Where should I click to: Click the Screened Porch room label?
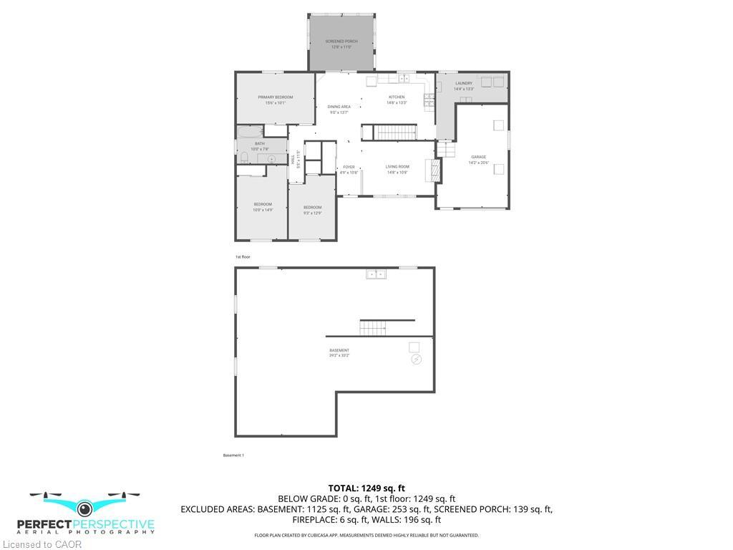click(341, 42)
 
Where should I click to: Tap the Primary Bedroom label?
click(276, 97)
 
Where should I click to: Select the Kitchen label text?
click(397, 97)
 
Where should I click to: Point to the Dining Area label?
click(339, 107)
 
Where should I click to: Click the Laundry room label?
click(464, 83)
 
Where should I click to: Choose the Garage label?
click(478, 157)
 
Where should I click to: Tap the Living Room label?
click(397, 167)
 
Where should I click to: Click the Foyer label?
click(349, 167)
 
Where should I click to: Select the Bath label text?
click(259, 143)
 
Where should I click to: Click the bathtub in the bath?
click(250, 131)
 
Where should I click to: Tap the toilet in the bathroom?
click(244, 158)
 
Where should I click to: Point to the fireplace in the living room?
click(432, 170)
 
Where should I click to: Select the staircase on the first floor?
click(397, 132)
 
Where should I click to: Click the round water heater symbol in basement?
click(417, 360)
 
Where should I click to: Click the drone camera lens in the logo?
click(85, 509)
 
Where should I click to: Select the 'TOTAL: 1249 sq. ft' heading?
click(366, 488)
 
